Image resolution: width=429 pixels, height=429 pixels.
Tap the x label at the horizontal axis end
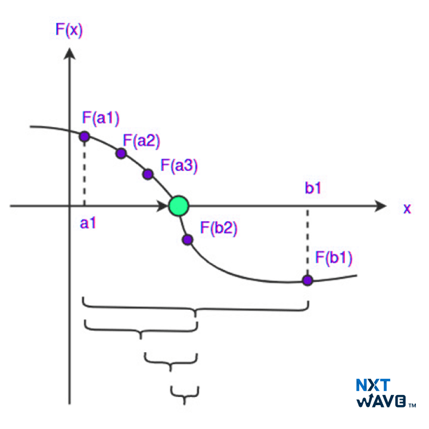tap(408, 208)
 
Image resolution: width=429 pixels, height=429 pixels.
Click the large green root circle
tap(178, 206)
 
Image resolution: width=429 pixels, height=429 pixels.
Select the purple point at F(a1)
tap(84, 136)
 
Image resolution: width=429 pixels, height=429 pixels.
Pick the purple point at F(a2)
tap(121, 154)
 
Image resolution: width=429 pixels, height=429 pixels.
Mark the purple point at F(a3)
tap(148, 174)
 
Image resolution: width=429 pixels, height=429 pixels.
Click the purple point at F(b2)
tap(187, 240)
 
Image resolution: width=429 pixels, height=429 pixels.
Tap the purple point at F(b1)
tap(307, 280)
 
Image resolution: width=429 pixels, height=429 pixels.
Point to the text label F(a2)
tap(141, 141)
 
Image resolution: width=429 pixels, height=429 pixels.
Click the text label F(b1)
tap(334, 259)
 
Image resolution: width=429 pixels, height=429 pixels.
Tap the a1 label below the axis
tap(88, 223)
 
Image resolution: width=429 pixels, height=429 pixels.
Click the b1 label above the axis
tap(313, 189)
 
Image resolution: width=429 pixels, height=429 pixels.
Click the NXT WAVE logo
tap(384, 393)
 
